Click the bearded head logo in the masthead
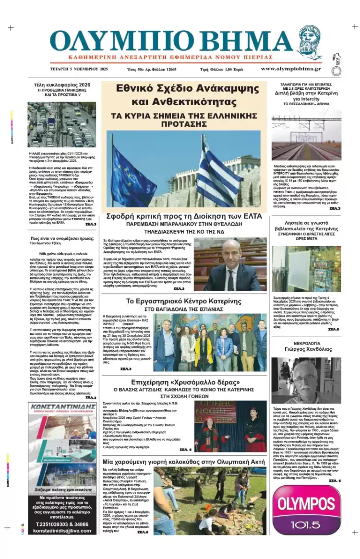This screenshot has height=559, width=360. (x=310, y=42)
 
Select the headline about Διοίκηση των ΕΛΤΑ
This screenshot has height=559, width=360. (x=184, y=216)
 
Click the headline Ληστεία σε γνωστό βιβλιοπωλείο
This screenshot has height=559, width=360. (x=306, y=225)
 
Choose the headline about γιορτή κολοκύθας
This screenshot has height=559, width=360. (x=184, y=462)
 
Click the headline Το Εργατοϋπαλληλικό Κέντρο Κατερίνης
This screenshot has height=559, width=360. (x=184, y=301)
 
